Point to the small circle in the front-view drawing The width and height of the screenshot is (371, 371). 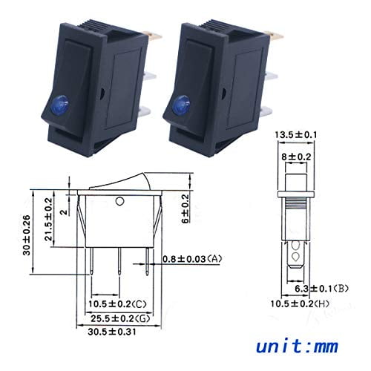click(x=120, y=201)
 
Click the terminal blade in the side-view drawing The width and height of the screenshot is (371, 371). click(x=297, y=252)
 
